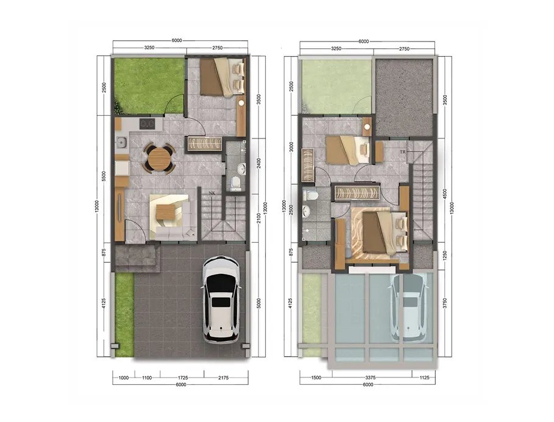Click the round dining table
[x=159, y=159]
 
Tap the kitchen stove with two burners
[x=147, y=124]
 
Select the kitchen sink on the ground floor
[x=122, y=143]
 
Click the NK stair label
[x=212, y=193]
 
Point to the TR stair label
[x=403, y=152]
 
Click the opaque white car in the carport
[x=221, y=299]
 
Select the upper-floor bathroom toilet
[x=311, y=195]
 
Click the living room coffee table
[x=165, y=212]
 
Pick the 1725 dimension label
[x=183, y=378]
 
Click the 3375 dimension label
[x=370, y=377]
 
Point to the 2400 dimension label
[x=259, y=163]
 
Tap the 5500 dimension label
[x=104, y=176]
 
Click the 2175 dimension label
[x=223, y=378]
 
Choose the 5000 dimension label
[x=259, y=303]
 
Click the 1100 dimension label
[x=147, y=378]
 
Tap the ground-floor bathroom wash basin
[x=242, y=168]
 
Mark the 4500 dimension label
[x=445, y=195]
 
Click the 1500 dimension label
[x=316, y=377]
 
